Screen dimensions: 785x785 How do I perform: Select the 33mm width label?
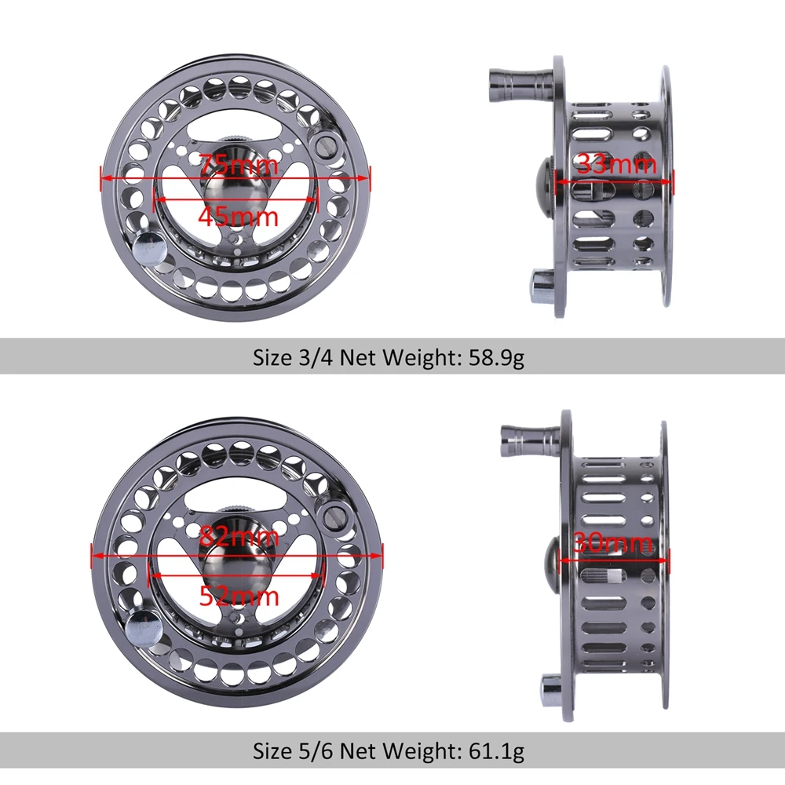point(616,164)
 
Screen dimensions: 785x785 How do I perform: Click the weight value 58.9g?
point(491,357)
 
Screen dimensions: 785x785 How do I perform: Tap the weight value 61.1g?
point(491,751)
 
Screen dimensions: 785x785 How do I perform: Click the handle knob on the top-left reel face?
point(147,249)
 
